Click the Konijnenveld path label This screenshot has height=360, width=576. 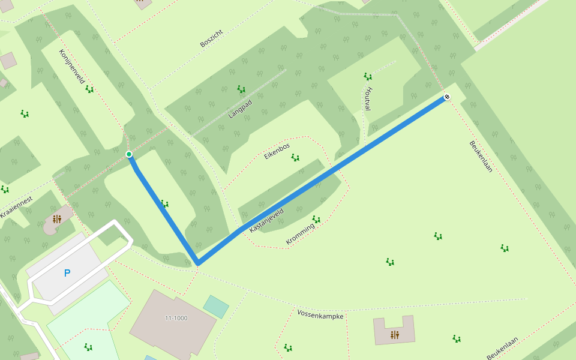click(x=71, y=66)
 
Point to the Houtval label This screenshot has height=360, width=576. click(x=368, y=99)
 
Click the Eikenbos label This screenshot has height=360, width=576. click(x=277, y=151)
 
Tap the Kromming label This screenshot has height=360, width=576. click(x=300, y=234)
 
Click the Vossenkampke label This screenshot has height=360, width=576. click(x=320, y=314)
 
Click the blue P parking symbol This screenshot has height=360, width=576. click(x=67, y=273)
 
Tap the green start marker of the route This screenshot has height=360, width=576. click(x=129, y=154)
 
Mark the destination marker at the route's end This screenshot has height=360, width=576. click(x=446, y=97)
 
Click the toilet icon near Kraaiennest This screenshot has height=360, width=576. click(x=57, y=219)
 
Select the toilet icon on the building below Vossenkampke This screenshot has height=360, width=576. click(x=394, y=335)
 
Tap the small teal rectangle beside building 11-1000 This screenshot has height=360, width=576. click(x=216, y=306)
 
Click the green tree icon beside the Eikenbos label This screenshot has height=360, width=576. click(x=295, y=158)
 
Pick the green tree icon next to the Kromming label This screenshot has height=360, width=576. click(x=316, y=220)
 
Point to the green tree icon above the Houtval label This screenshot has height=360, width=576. click(x=367, y=76)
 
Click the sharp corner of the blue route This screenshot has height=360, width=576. click(x=197, y=263)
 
